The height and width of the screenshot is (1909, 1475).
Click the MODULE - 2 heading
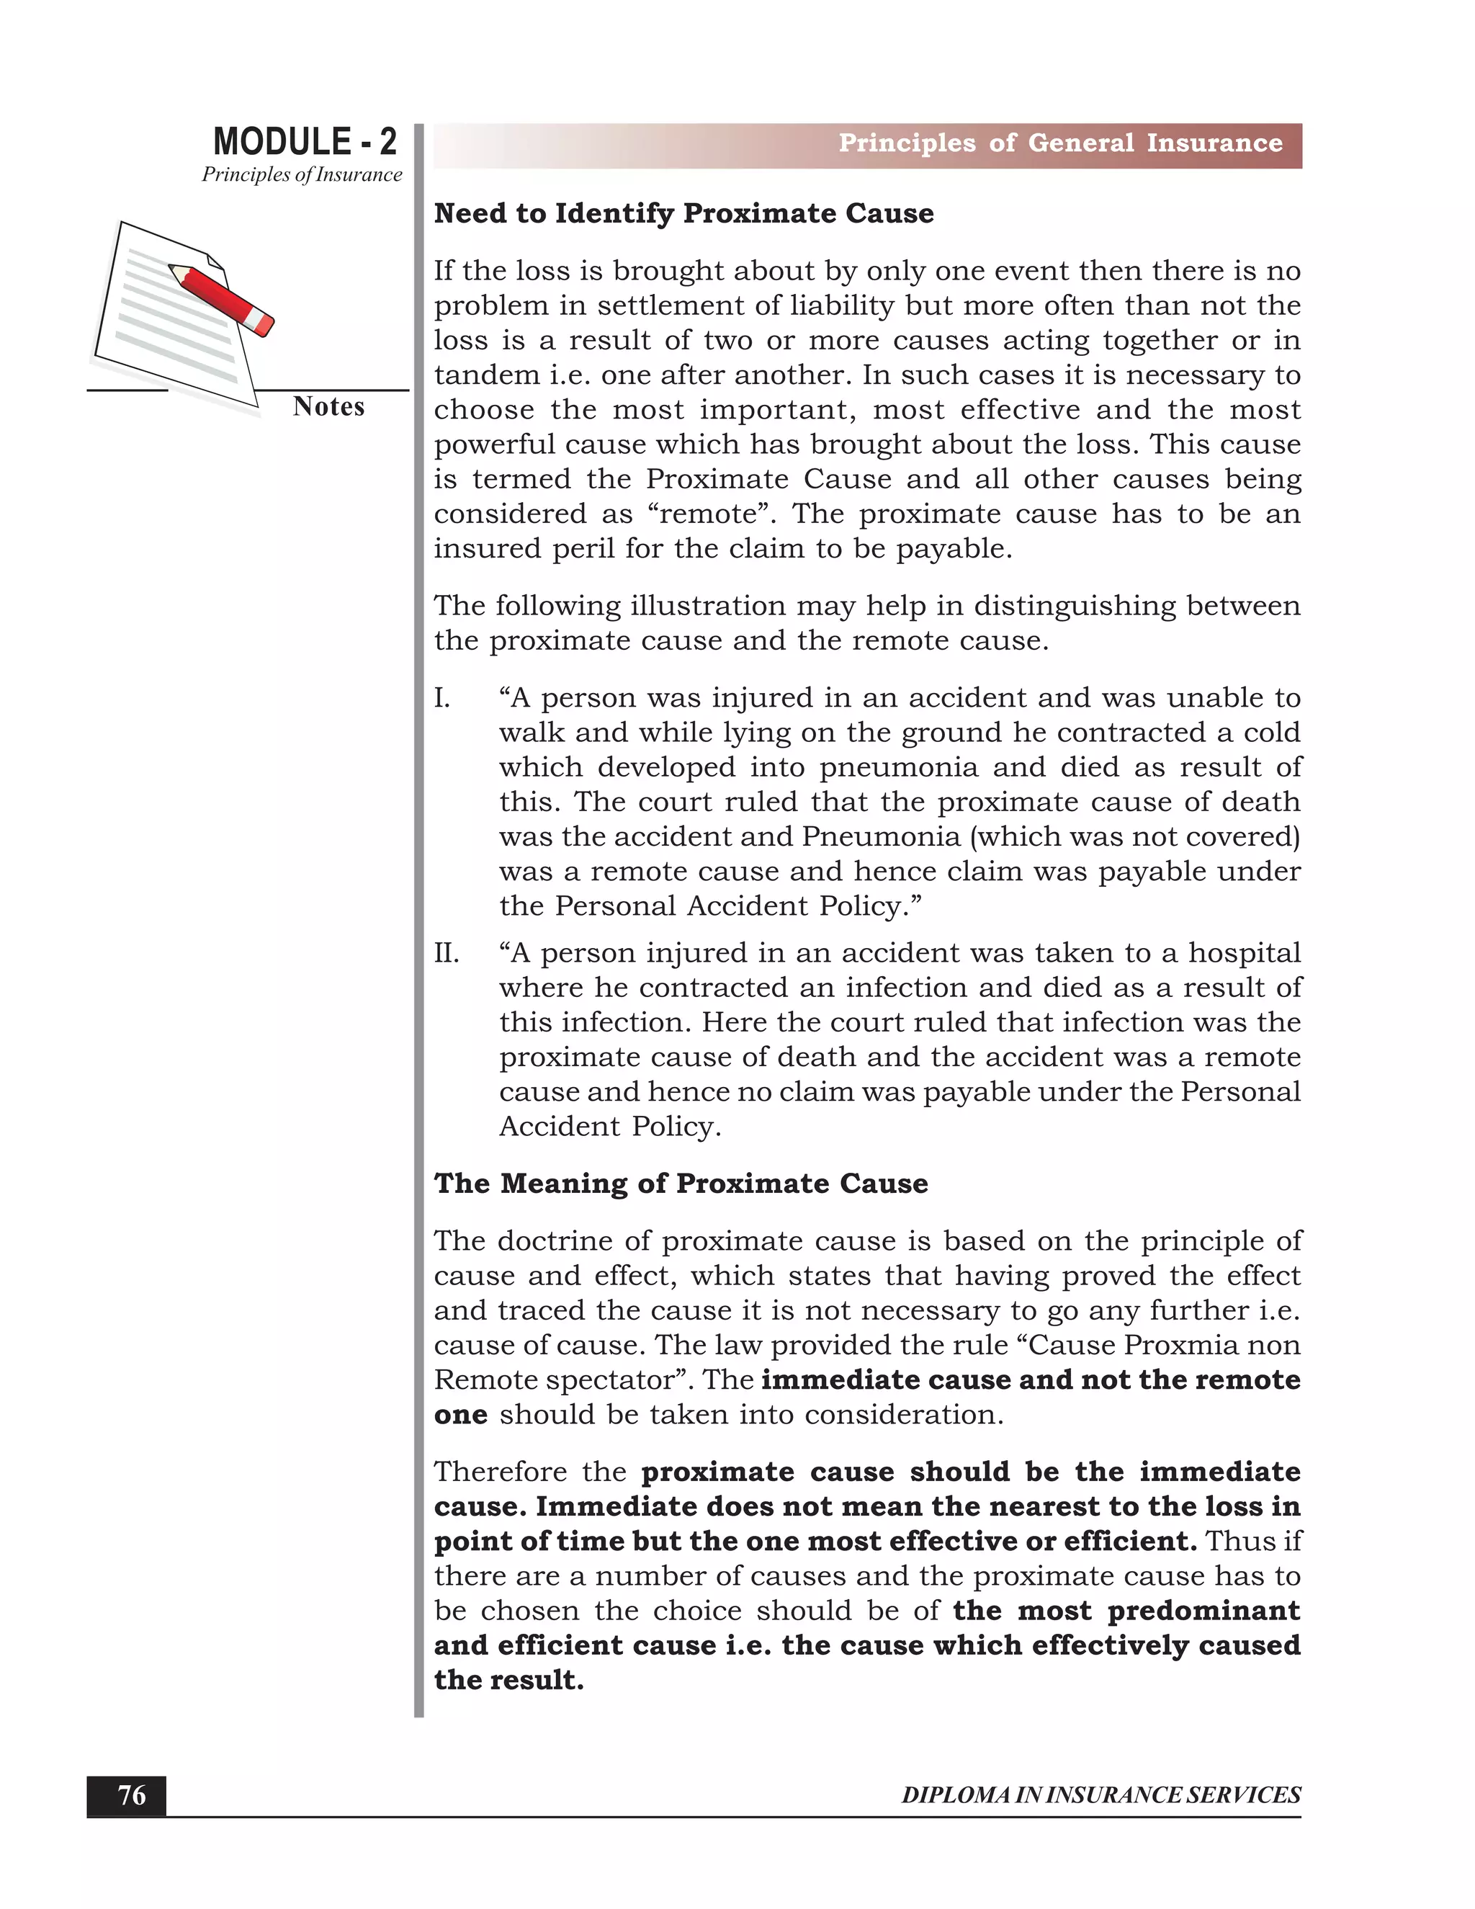[x=304, y=142]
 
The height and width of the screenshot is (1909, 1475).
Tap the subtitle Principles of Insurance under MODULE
[x=302, y=175]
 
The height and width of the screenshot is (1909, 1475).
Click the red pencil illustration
[x=223, y=299]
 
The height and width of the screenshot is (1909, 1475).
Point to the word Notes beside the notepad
[x=328, y=406]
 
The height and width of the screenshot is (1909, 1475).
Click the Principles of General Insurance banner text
[x=1060, y=143]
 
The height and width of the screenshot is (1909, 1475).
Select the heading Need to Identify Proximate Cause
[x=683, y=213]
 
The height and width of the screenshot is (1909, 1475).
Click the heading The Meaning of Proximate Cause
[x=681, y=1184]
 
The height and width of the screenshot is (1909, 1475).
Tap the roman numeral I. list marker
[x=443, y=698]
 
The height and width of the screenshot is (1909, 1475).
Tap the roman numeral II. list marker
[x=447, y=953]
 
